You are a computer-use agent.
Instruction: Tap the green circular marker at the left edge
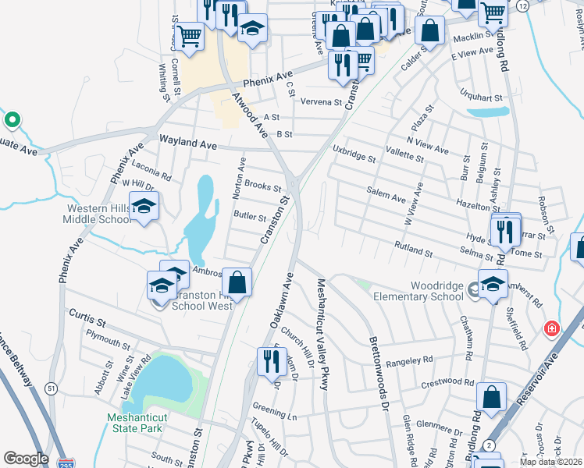pyautogui.click(x=12, y=120)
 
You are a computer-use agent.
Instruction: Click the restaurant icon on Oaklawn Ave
pyautogui.click(x=269, y=360)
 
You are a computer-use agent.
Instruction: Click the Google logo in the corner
pyautogui.click(x=26, y=459)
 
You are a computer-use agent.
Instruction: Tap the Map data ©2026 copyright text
pyautogui.click(x=551, y=463)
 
